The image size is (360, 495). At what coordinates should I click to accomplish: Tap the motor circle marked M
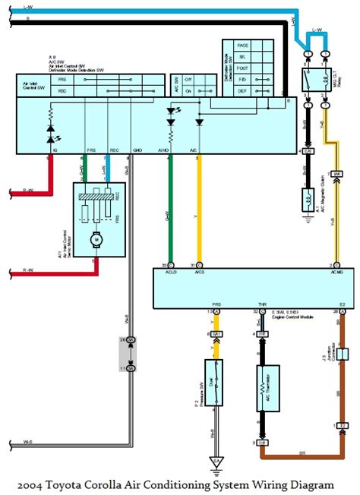[96, 241]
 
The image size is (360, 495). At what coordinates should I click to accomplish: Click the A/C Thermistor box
[262, 387]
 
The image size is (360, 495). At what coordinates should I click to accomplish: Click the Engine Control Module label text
[274, 312]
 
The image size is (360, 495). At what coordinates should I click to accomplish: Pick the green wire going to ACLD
[169, 213]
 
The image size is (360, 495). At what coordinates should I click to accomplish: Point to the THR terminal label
[262, 304]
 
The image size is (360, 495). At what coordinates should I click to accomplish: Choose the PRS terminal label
[216, 304]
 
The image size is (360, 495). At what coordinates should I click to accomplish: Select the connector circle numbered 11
[131, 367]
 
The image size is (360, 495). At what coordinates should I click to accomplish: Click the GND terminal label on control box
[137, 150]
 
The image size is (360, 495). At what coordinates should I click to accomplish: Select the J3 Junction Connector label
[323, 353]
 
